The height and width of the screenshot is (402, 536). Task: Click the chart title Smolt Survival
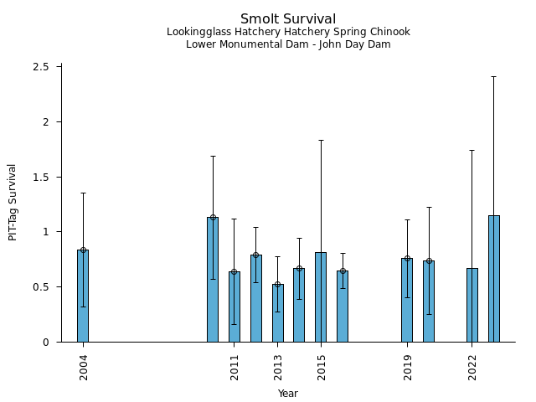pyautogui.click(x=288, y=19)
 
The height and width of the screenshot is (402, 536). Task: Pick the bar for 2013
pyautogui.click(x=277, y=312)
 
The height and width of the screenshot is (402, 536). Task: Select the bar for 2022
pyautogui.click(x=472, y=305)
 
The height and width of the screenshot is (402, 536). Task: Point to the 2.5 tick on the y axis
pyautogui.click(x=42, y=67)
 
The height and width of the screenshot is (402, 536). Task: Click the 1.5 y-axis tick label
pyautogui.click(x=42, y=178)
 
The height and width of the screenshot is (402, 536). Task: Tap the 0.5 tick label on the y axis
pyautogui.click(x=42, y=287)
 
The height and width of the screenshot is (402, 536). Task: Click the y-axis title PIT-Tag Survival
pyautogui.click(x=13, y=202)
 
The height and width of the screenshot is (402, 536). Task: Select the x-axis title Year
pyautogui.click(x=288, y=394)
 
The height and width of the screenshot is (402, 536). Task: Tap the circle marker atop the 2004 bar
pyautogui.click(x=83, y=250)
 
